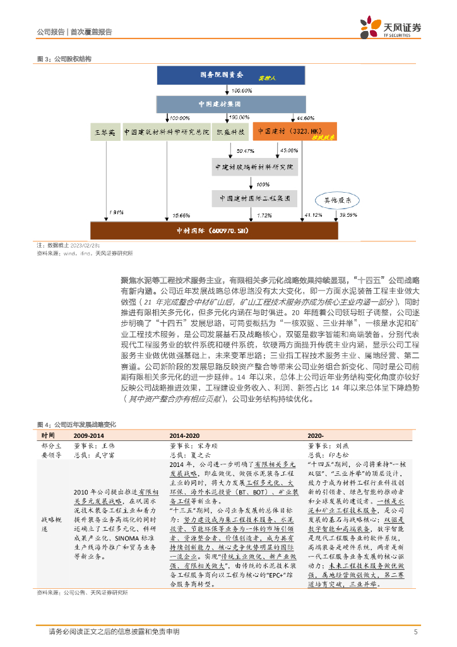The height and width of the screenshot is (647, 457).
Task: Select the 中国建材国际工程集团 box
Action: (x=254, y=197)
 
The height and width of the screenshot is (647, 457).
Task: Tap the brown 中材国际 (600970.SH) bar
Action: (x=214, y=231)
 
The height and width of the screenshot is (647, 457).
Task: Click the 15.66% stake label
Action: (x=181, y=215)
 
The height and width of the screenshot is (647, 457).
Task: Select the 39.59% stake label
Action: (x=348, y=215)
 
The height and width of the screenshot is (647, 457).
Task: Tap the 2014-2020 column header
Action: (x=184, y=436)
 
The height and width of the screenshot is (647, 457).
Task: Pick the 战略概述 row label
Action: (x=50, y=515)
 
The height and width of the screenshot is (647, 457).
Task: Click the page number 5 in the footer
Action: (x=415, y=631)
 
